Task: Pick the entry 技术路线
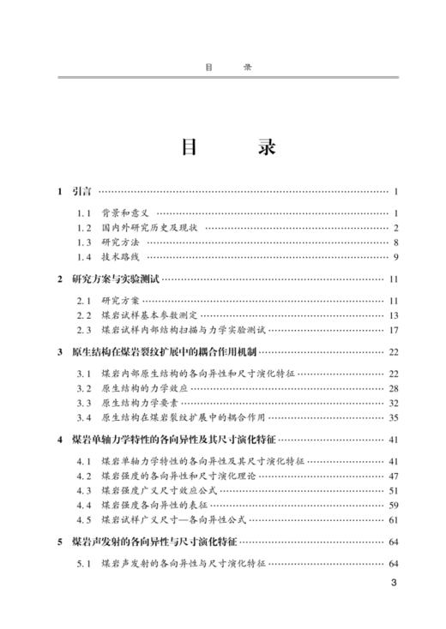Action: point(119,257)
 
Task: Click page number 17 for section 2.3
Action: point(394,330)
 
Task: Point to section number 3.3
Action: point(83,403)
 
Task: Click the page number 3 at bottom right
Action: point(394,586)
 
